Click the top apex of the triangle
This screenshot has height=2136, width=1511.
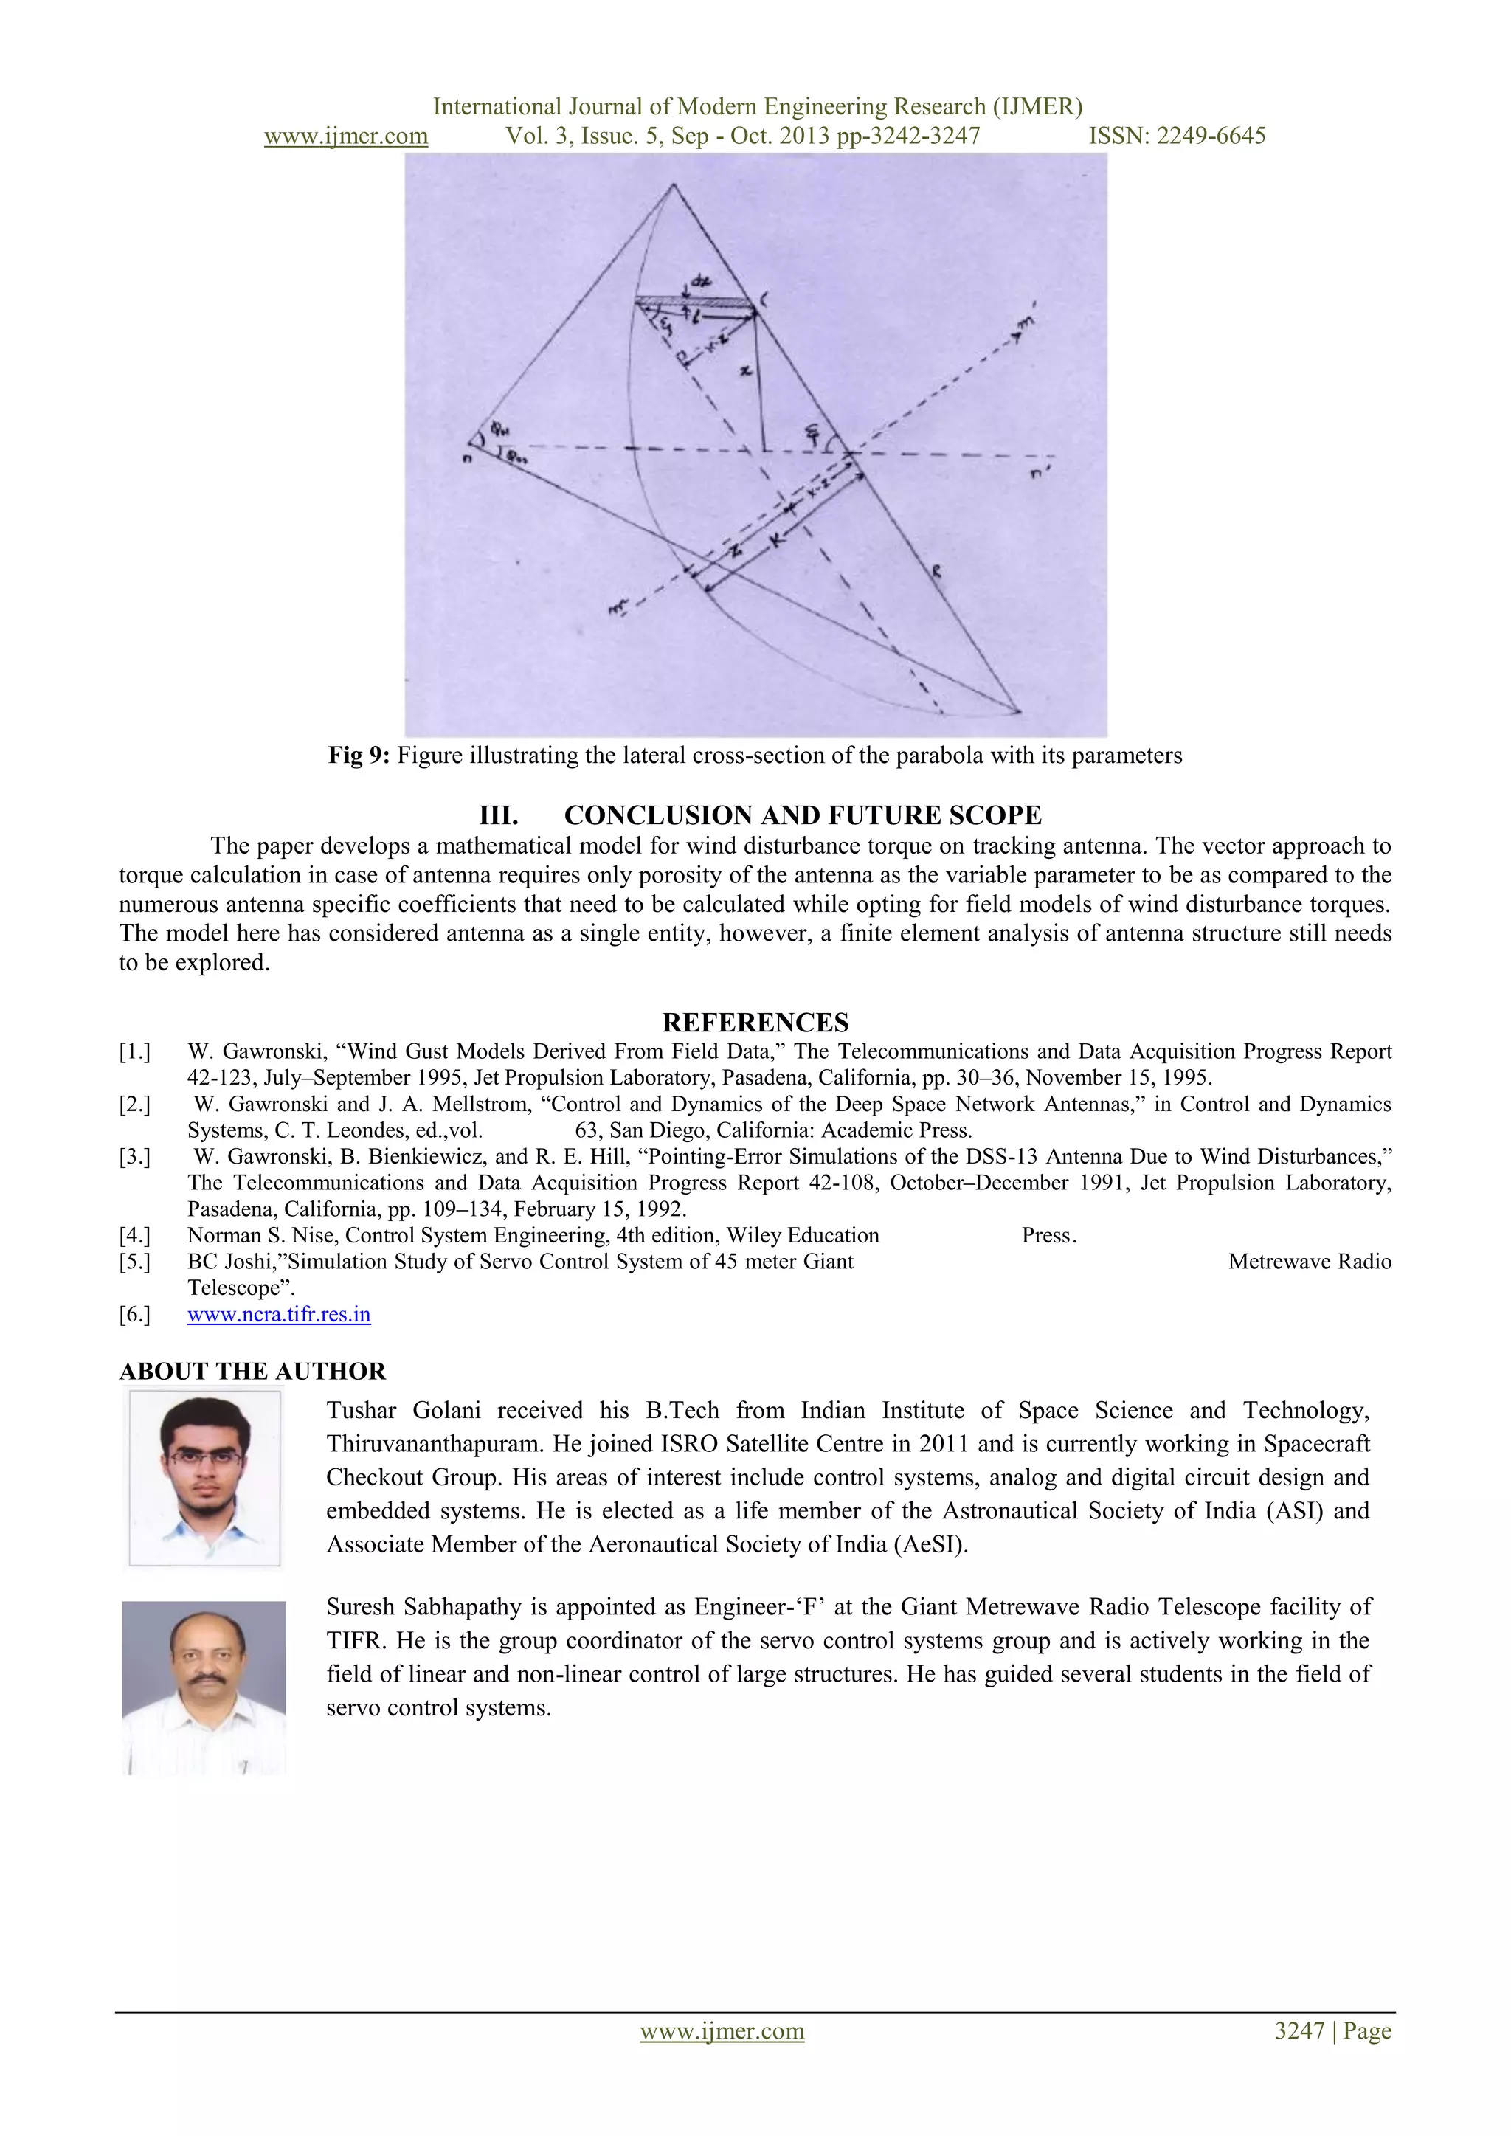673,185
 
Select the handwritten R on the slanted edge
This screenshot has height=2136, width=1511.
936,574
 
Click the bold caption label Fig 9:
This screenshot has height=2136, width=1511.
359,756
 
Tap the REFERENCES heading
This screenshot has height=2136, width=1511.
755,1023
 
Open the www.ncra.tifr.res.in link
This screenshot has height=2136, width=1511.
278,1315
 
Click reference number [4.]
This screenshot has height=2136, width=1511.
134,1235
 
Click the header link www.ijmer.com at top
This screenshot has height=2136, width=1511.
346,136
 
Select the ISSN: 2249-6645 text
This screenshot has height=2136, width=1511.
1177,136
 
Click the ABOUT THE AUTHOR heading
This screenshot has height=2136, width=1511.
252,1372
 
